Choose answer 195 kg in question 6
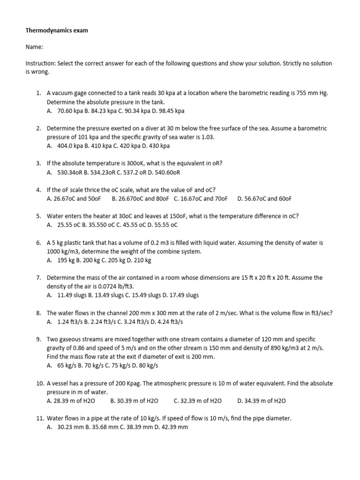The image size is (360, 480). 66,260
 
